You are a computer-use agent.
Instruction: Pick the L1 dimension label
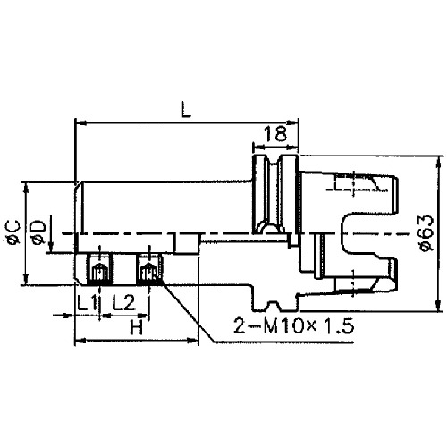coord(87,301)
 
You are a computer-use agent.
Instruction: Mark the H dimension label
coord(136,327)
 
